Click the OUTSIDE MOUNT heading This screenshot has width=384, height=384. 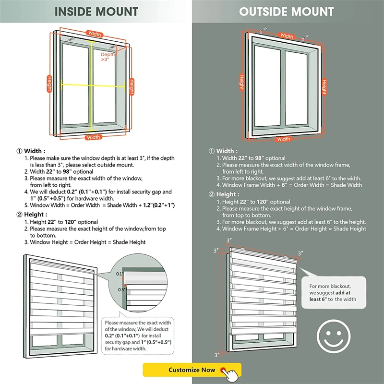click(x=287, y=12)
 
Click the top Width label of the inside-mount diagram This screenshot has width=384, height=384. click(x=95, y=34)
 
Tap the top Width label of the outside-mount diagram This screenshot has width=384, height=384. click(x=287, y=36)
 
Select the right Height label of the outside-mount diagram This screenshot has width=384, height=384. click(x=324, y=86)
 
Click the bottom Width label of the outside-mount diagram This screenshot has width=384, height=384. click(x=284, y=139)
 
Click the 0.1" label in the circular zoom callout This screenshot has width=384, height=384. click(x=119, y=274)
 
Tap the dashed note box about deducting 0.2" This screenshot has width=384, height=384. click(x=138, y=336)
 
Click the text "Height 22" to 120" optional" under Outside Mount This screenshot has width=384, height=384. click(x=256, y=202)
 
